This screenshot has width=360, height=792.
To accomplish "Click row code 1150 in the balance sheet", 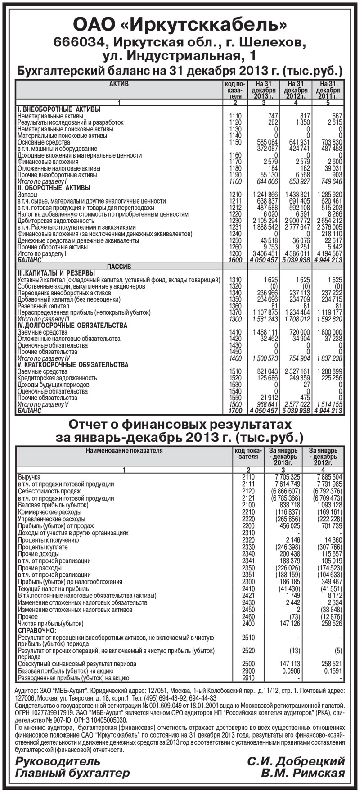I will pyautogui.click(x=235, y=142).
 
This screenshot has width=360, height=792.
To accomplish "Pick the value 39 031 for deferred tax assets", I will pyautogui.click(x=333, y=168).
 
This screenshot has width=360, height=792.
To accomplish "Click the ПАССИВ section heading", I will pyautogui.click(x=119, y=267).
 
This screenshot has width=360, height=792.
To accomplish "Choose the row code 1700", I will pyautogui.click(x=235, y=411).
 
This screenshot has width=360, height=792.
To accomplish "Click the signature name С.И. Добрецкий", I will pyautogui.click(x=296, y=761).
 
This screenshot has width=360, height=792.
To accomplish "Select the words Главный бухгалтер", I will pyautogui.click(x=72, y=773).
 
